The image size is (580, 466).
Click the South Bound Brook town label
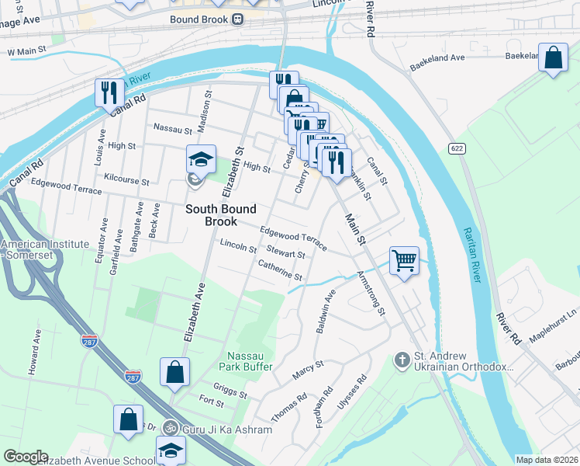tap(220, 215)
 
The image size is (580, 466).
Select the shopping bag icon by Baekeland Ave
tap(554, 59)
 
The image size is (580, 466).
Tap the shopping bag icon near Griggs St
tap(174, 371)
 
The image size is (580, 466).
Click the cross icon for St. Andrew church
tap(402, 360)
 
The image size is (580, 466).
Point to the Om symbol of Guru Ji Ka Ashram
tap(171, 429)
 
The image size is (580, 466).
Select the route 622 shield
tap(455, 148)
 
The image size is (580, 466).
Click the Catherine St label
tap(280, 271)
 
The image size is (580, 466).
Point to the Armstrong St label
tap(371, 293)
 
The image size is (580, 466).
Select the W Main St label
tap(27, 52)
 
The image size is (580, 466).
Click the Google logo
tap(25, 457)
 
